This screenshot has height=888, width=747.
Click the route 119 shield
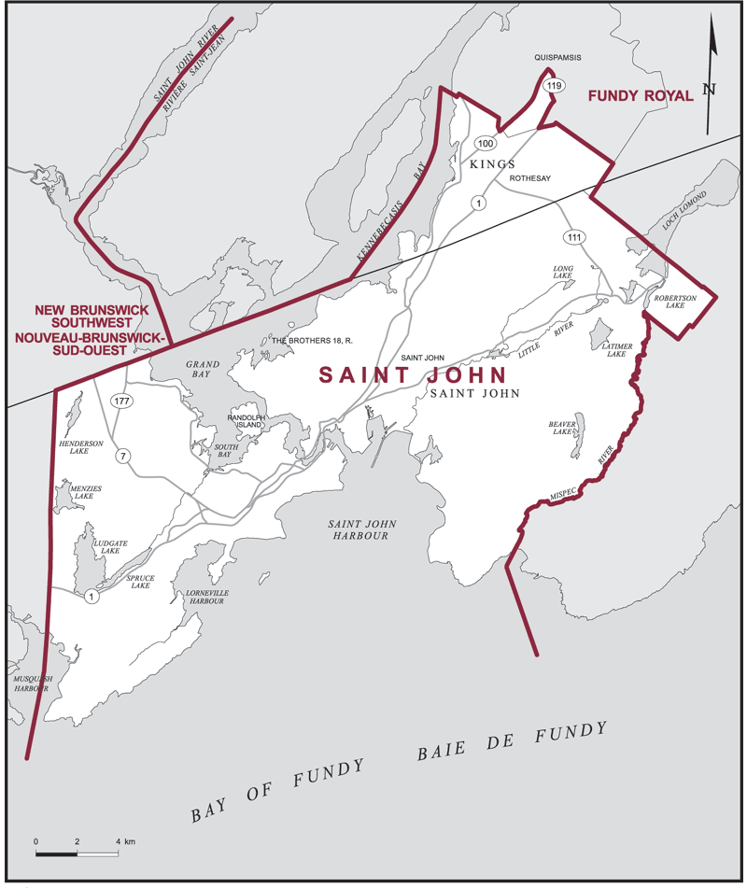(555, 87)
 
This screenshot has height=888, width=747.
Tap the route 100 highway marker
(484, 143)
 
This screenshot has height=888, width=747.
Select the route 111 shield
(573, 237)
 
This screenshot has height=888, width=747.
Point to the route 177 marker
(120, 401)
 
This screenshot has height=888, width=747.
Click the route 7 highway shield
(122, 456)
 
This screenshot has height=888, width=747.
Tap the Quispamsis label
(558, 58)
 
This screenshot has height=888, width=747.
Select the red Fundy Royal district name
(640, 95)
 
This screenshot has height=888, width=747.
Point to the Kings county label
(492, 164)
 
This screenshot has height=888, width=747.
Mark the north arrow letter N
(710, 90)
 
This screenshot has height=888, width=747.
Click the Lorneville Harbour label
(206, 598)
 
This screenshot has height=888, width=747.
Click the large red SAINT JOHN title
(413, 375)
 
